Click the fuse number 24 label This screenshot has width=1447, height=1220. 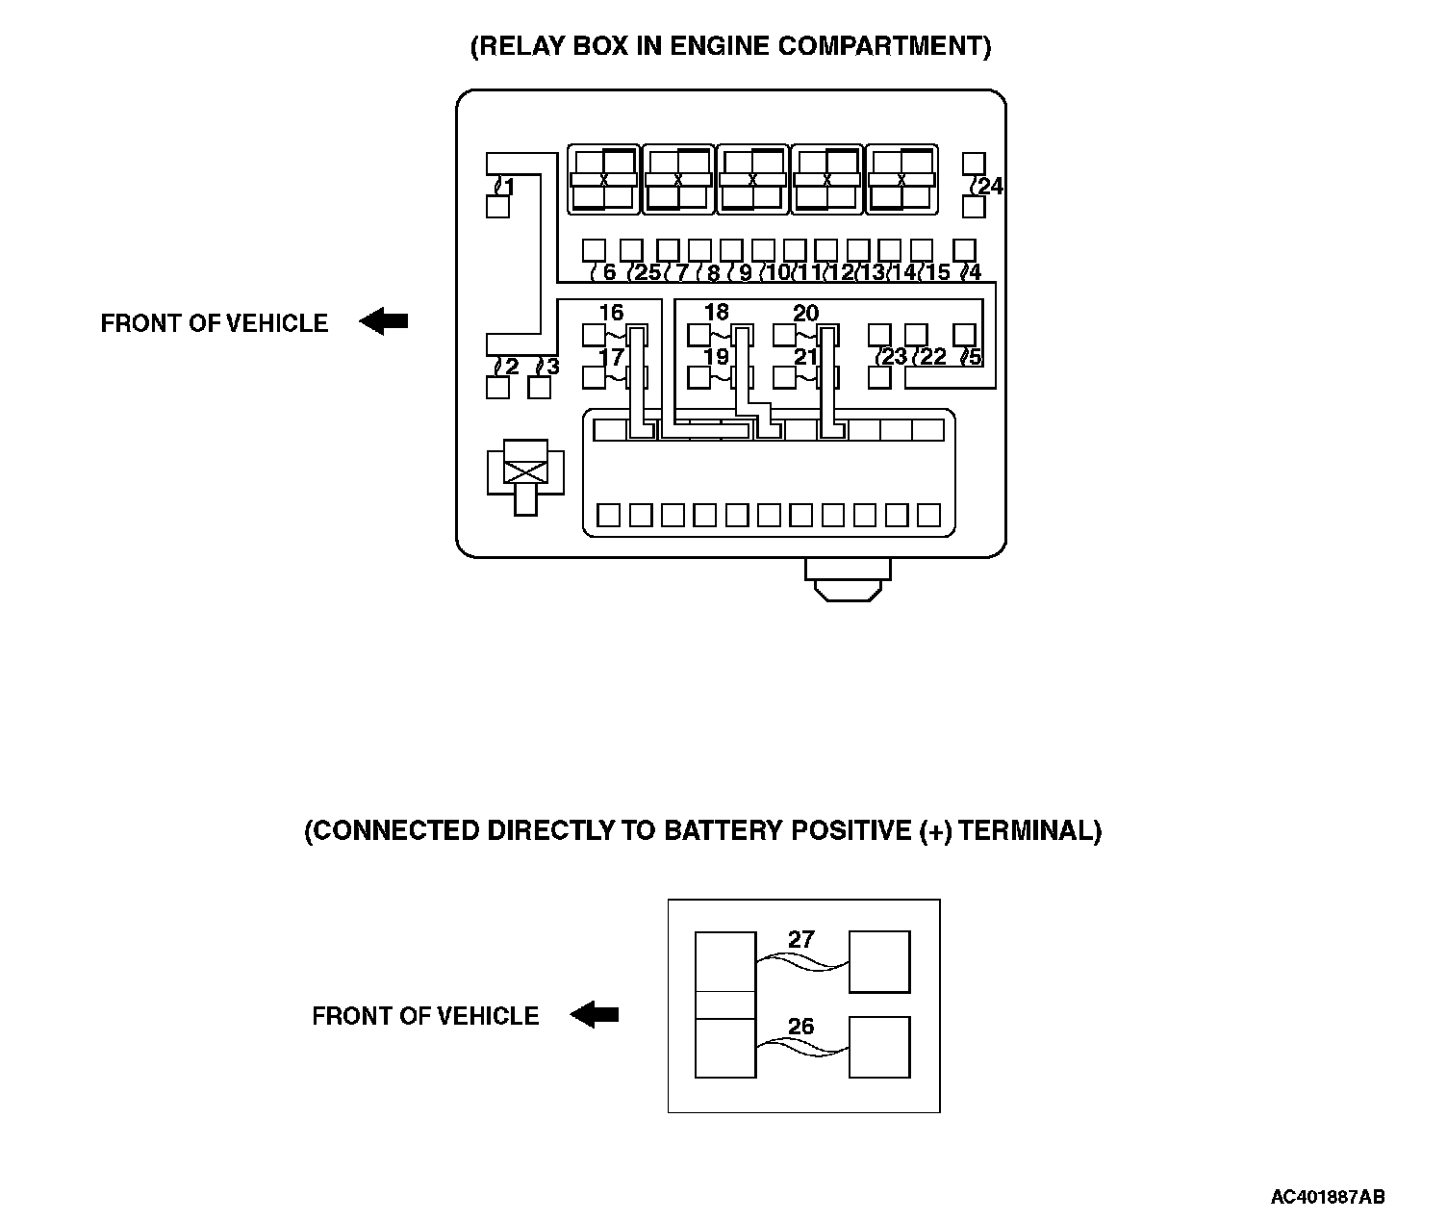pyautogui.click(x=990, y=186)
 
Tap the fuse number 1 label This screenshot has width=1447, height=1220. pyautogui.click(x=507, y=187)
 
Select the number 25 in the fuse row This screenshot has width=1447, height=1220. pyautogui.click(x=647, y=272)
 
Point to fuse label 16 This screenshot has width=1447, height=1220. pyautogui.click(x=611, y=313)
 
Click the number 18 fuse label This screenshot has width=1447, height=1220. pyautogui.click(x=717, y=313)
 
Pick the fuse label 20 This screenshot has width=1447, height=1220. pyautogui.click(x=805, y=313)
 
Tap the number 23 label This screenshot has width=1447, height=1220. pyautogui.click(x=895, y=357)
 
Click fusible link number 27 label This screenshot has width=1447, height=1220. pyautogui.click(x=800, y=940)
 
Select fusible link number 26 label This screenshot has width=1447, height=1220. pyautogui.click(x=800, y=1027)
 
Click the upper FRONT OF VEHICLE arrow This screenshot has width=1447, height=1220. pyautogui.click(x=384, y=321)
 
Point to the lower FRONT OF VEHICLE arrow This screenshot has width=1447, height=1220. pyautogui.click(x=595, y=1014)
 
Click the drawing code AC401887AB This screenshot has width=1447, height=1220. pyautogui.click(x=1328, y=1197)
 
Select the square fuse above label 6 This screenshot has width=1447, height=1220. pyautogui.click(x=595, y=250)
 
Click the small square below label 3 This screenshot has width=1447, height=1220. pyautogui.click(x=540, y=388)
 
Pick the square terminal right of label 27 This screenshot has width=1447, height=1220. pyautogui.click(x=879, y=961)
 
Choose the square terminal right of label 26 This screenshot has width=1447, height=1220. pyautogui.click(x=879, y=1047)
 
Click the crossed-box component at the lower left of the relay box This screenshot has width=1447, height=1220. pyautogui.click(x=525, y=469)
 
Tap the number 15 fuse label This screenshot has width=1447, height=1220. pyautogui.click(x=937, y=272)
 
